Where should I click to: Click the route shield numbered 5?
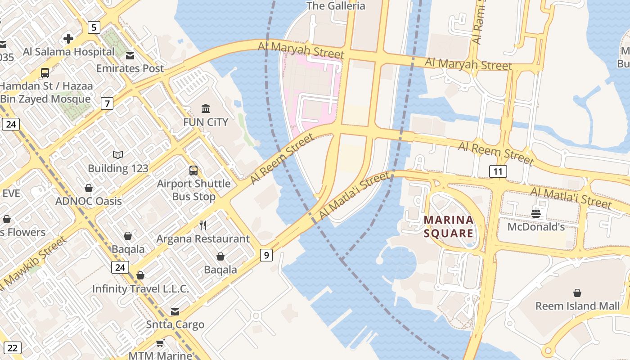pos(93,27)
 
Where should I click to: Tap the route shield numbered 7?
pos(107,104)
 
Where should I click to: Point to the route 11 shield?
pos(498,171)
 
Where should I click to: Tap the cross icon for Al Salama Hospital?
pos(68,39)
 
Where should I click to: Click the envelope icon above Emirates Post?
pos(130,56)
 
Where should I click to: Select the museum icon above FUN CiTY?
pos(206,109)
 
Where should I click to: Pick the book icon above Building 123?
pos(118,155)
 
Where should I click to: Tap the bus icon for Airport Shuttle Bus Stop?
pos(193,171)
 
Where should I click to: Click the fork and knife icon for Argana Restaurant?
pos(203,225)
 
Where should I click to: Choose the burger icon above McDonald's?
pos(535,214)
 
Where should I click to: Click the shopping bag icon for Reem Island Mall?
pos(577,293)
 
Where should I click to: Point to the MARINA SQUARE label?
pos(449,226)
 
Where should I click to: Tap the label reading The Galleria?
pos(336,6)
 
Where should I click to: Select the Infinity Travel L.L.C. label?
pos(140,289)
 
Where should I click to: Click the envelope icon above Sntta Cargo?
pos(175,312)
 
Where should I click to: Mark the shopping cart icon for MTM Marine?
pos(160,343)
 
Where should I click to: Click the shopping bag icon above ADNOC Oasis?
pos(89,188)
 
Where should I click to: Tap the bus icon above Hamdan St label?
pos(45,72)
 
